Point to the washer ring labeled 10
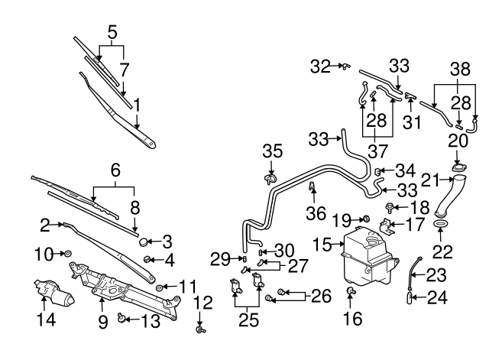tap(66, 252)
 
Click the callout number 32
tap(321, 66)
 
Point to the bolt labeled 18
tap(391, 207)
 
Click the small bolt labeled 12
tap(201, 329)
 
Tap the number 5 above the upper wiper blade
tap(112, 32)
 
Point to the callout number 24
tap(436, 297)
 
